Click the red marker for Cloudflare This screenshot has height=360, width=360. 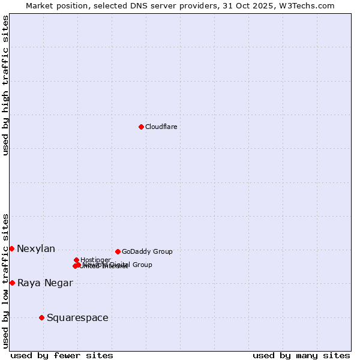[141, 127]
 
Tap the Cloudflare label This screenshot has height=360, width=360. [161, 127]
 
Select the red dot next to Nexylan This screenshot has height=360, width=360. [11, 248]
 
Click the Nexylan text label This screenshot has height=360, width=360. [36, 249]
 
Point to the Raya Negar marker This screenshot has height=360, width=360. [12, 283]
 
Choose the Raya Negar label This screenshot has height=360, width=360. [45, 283]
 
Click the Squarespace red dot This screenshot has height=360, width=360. [41, 317]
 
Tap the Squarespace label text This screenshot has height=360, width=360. [77, 318]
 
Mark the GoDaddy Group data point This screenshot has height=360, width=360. [118, 251]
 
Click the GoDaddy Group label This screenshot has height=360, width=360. [147, 252]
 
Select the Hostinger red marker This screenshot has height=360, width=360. [77, 260]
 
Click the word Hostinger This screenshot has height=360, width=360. [95, 260]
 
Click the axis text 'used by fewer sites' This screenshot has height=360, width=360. [62, 356]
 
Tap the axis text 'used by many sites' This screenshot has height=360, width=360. [301, 356]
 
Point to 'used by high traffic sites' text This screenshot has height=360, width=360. [6, 85]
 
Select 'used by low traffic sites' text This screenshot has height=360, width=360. [6, 281]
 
